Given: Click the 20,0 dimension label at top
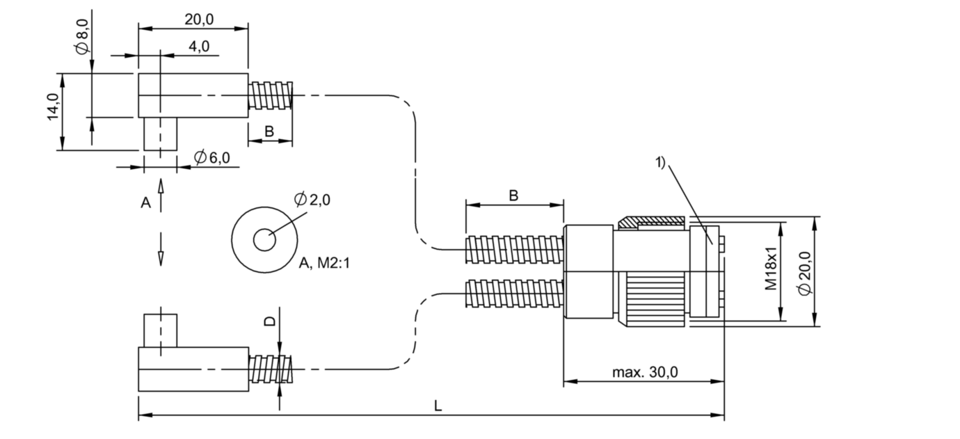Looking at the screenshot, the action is [x=199, y=19].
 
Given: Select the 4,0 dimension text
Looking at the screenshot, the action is [x=199, y=47].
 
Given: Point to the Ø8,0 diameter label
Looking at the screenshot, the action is [x=82, y=37].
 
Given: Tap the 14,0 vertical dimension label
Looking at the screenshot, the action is [x=53, y=106].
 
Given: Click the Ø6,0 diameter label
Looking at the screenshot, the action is [x=211, y=157].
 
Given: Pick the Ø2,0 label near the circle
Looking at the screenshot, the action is [x=312, y=200].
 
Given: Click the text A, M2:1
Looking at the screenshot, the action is [x=324, y=263].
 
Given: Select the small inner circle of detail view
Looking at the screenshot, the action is [x=264, y=240].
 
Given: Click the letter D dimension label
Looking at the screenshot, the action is [x=270, y=321].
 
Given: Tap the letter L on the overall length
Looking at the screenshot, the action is [x=438, y=406].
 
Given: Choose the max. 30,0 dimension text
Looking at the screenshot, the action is [x=645, y=372].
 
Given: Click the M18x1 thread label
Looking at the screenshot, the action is [x=771, y=269].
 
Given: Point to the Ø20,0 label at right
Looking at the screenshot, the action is [x=805, y=273].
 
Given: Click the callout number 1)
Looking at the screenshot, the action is [x=660, y=163].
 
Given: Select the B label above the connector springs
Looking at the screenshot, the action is [x=513, y=195].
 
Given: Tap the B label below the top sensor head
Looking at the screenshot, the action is [x=269, y=131].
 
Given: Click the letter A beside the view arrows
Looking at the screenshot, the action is [x=145, y=202].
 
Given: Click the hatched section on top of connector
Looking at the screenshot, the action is [x=651, y=223].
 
